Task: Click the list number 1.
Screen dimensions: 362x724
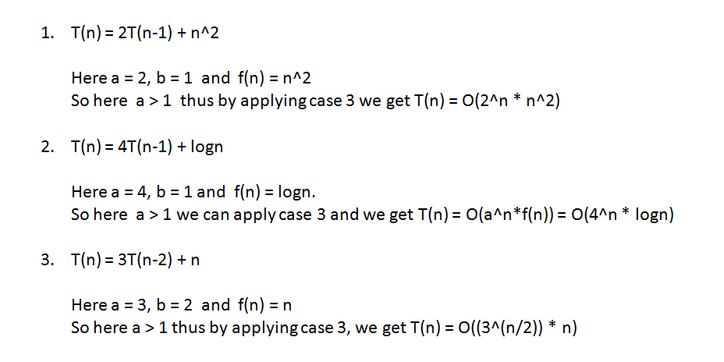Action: [x=46, y=34]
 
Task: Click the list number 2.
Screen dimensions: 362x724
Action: [x=46, y=147]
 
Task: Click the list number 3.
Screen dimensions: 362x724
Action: [x=46, y=260]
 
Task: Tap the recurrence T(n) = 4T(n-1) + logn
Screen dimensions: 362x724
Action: [x=147, y=147]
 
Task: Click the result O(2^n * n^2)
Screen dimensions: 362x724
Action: [x=515, y=102]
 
